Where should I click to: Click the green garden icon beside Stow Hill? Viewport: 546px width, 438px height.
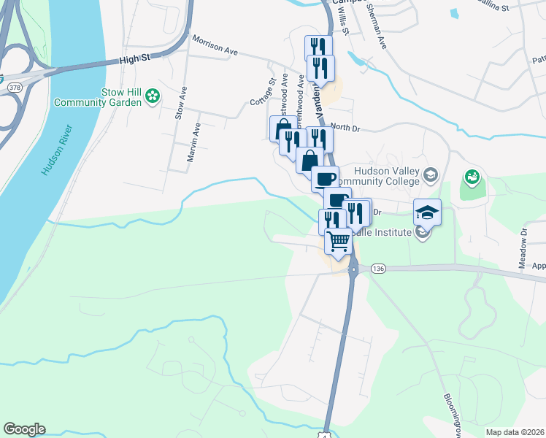[153, 96]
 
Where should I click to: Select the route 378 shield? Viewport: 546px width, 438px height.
[13, 87]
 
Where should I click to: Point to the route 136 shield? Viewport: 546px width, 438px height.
[377, 269]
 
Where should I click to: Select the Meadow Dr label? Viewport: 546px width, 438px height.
[523, 248]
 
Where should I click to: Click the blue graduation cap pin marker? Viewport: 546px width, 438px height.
[427, 212]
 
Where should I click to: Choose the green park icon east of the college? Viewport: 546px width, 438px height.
[472, 177]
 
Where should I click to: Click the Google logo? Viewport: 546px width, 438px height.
[25, 429]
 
